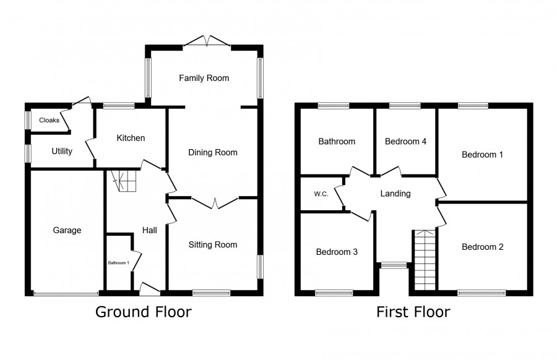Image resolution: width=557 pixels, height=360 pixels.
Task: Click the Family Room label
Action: point(204,78)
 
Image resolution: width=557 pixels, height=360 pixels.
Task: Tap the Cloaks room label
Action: point(49,121)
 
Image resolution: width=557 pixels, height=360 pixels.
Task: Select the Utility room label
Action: point(62,152)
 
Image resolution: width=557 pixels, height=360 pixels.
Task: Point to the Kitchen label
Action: point(131,138)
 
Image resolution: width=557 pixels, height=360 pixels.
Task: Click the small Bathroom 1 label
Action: point(119,263)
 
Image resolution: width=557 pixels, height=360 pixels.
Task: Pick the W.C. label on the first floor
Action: point(321,194)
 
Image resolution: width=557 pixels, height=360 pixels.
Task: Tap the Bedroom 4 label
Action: point(405,142)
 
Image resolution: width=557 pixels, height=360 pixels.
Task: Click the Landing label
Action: point(395,194)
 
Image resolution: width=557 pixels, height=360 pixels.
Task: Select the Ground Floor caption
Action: point(144,312)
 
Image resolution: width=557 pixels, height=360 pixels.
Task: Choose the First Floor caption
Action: point(413,312)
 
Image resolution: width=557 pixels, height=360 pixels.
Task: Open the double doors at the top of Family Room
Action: point(207,41)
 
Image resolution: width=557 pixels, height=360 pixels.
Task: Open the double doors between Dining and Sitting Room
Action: point(215,203)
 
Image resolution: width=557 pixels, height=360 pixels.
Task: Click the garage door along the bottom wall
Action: point(66,294)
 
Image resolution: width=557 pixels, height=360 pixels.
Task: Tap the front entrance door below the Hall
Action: point(150,289)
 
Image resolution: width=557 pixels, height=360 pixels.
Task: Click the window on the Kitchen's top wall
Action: point(119,105)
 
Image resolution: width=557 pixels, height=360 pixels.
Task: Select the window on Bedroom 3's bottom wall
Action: point(334,293)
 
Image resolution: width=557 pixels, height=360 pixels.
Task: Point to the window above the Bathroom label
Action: point(334,105)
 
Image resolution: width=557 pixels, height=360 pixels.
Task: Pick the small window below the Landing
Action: point(394,265)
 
